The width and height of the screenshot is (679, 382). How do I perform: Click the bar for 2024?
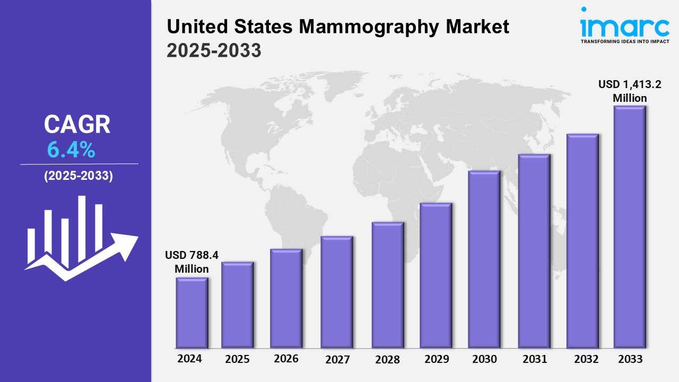pos(191,313)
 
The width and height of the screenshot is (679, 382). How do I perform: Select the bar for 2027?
pos(337,292)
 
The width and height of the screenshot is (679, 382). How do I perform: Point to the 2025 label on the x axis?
pos(237,359)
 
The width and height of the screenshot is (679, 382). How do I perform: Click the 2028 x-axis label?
pos(387,360)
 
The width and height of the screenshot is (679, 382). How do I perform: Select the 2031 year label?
pos(534,359)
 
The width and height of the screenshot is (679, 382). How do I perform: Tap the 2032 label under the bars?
pos(586,359)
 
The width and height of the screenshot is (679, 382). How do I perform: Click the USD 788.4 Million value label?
pos(191,262)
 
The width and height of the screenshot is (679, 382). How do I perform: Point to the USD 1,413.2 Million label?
pos(630,91)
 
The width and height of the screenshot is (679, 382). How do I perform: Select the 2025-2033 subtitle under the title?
pos(214,50)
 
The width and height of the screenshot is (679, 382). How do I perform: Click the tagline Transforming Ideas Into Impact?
pos(624,41)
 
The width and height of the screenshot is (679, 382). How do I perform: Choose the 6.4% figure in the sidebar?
pos(71,151)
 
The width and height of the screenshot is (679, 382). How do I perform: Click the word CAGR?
pos(77,125)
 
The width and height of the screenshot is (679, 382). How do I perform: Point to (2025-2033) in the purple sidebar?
pos(79,176)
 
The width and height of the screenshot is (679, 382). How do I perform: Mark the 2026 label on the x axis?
pos(286,359)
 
